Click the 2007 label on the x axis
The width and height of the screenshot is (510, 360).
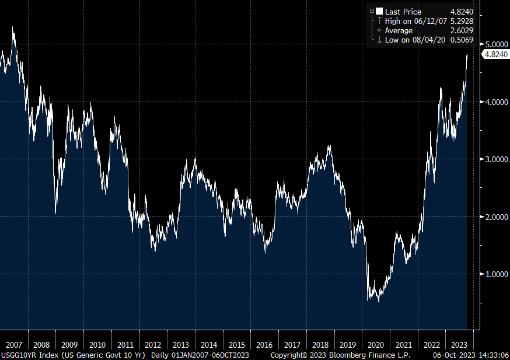click(x=13, y=345)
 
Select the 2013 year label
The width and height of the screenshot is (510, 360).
click(x=181, y=345)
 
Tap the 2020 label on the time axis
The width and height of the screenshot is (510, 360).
click(x=376, y=345)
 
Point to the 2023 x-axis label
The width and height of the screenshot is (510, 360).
click(x=460, y=345)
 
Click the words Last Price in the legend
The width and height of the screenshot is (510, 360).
click(x=403, y=12)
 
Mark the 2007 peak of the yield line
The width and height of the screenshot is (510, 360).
click(x=13, y=27)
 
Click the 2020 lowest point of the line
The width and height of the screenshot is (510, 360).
click(x=379, y=302)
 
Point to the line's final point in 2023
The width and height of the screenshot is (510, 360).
click(x=467, y=54)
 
